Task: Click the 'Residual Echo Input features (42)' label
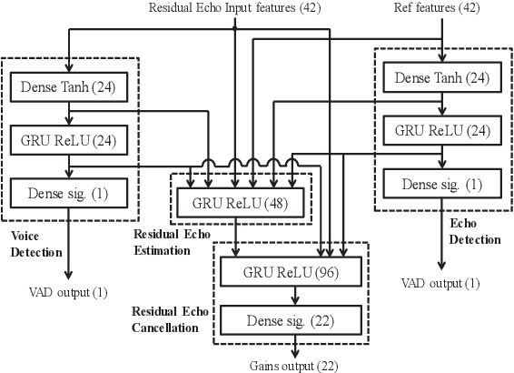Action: click(x=233, y=8)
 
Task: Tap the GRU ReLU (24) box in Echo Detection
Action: click(x=442, y=130)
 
